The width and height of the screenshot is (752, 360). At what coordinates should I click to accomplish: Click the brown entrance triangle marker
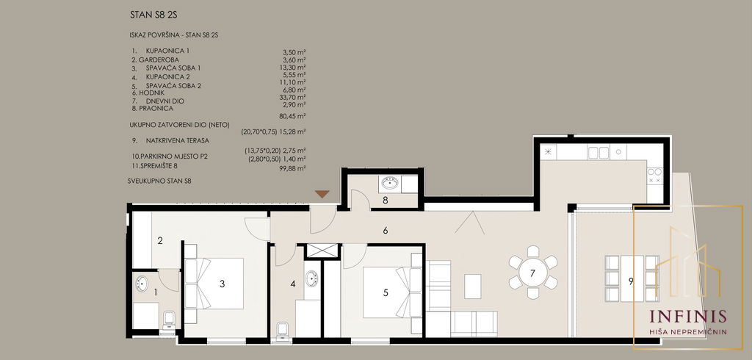(x=322, y=194)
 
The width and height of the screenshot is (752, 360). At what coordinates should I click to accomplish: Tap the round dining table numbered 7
(x=533, y=272)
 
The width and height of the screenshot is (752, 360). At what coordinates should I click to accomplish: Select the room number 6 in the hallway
(x=386, y=231)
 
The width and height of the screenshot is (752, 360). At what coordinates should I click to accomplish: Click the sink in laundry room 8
(x=390, y=183)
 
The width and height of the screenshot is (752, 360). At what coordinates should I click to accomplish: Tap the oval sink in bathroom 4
(x=311, y=279)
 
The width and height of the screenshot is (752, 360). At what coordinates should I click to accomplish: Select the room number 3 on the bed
(x=222, y=284)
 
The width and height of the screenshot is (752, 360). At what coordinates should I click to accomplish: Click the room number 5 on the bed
(x=386, y=292)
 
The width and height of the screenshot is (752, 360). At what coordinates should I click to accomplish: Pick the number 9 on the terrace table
(x=631, y=281)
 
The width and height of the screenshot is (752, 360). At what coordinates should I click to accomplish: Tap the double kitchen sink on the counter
(x=598, y=153)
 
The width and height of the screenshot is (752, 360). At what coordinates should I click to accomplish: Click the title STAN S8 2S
(x=153, y=15)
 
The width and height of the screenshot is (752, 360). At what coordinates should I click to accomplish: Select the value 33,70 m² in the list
(x=292, y=97)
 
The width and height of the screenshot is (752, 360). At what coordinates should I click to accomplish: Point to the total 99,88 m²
(x=292, y=168)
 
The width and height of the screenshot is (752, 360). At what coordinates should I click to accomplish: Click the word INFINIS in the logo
(x=687, y=317)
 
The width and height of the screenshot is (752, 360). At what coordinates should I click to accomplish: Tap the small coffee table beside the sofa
(x=473, y=287)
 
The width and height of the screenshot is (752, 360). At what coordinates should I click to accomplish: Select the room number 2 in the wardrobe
(x=160, y=241)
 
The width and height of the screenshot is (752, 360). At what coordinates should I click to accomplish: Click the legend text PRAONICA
(x=156, y=109)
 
